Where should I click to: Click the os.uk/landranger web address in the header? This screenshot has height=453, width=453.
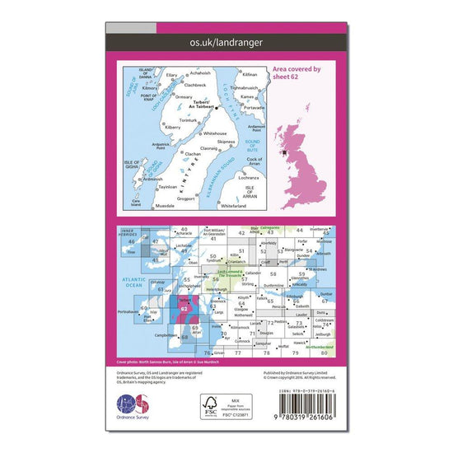pos(226,40)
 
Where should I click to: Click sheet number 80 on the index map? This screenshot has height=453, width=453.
pos(324,353)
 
